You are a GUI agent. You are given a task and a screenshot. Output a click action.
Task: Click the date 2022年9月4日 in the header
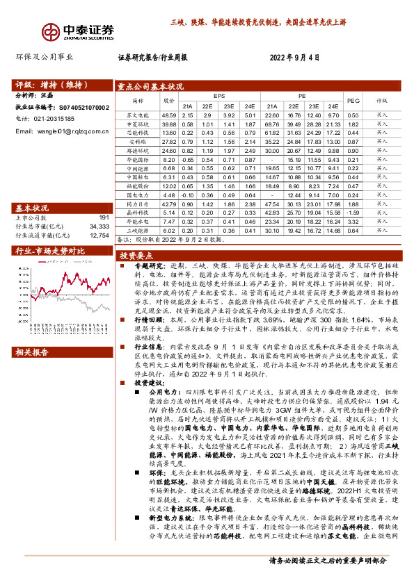click(294, 58)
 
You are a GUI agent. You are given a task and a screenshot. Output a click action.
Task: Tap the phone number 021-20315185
click(45, 119)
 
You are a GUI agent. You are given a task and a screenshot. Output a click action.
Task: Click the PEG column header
click(353, 100)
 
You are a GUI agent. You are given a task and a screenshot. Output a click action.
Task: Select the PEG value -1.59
click(353, 212)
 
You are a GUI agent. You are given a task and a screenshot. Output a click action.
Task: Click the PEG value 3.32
click(353, 221)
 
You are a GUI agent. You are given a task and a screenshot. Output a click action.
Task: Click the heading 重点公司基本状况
click(150, 88)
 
